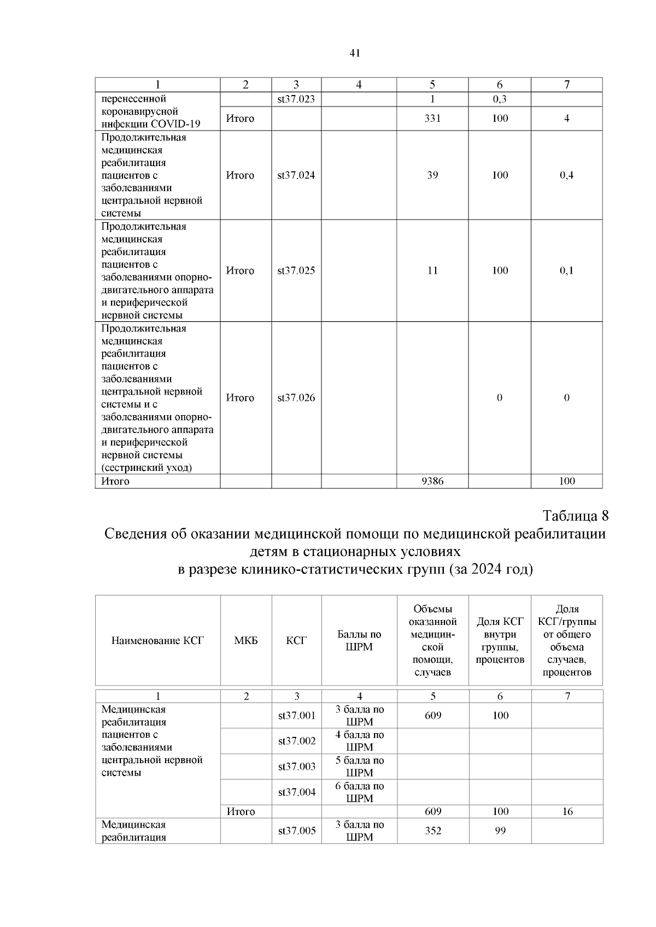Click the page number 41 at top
[354, 53]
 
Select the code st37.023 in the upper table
[296, 99]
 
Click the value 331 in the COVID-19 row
[432, 119]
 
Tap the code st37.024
[296, 175]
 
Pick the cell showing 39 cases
[432, 175]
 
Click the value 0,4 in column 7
[567, 175]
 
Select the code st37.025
[296, 271]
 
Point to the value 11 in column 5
[432, 271]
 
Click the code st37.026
[296, 398]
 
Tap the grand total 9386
[432, 481]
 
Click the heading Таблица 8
[575, 516]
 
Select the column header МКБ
[246, 640]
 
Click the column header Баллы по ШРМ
[359, 640]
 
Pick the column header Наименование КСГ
[157, 640]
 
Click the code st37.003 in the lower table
[297, 766]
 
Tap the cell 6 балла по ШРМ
[359, 792]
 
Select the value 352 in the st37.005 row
[433, 831]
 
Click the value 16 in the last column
[567, 812]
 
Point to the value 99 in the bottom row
[500, 831]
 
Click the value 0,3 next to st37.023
[500, 99]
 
